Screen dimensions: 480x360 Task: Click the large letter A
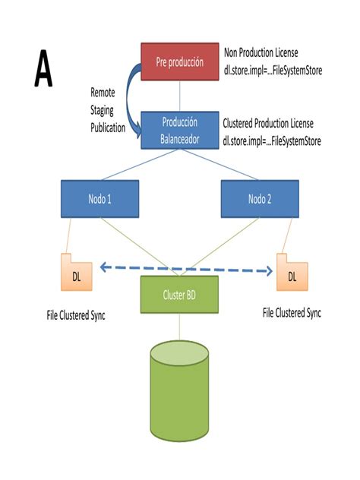coord(43,70)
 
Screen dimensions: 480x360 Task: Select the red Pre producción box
coord(179,62)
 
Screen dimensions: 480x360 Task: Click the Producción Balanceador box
coord(179,130)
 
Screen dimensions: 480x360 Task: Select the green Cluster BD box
coord(179,294)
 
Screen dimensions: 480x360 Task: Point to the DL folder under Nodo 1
coord(77,273)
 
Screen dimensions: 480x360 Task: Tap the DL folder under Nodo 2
coord(292,271)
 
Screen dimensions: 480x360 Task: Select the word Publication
coord(107,128)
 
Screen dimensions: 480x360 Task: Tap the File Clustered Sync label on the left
coord(75,315)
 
